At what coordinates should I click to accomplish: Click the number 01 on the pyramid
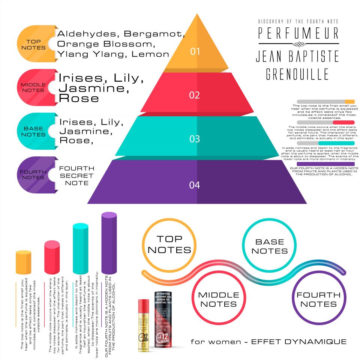195,51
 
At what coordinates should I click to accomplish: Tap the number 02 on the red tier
195,95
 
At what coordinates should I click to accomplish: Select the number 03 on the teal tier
195,139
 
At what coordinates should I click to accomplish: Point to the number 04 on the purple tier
195,185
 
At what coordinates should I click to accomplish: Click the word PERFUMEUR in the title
298,33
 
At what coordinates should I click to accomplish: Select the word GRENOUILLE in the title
297,74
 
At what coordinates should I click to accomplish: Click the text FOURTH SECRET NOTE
76,175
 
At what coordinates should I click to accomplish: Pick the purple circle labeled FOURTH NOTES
318,299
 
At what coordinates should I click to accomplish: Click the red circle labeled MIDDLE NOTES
219,299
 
